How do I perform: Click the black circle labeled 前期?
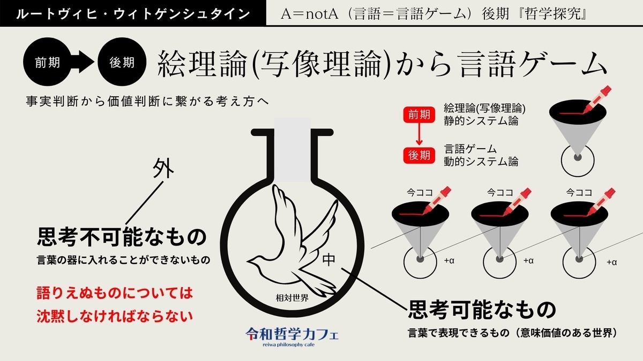point(47,62)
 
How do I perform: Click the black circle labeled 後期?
point(122,62)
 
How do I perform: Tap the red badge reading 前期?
point(419,115)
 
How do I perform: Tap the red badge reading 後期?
point(419,156)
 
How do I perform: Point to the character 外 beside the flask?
point(163,168)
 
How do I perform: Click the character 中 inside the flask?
point(328,259)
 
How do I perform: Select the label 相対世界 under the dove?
point(292,298)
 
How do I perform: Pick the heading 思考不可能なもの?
point(122,237)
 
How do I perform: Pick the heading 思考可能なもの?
point(482,310)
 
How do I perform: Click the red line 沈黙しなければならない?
point(115,316)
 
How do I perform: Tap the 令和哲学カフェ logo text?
point(292,334)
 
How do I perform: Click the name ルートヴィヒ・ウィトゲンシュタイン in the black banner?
point(133,14)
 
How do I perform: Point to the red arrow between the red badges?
point(419,134)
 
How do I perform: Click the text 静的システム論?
point(481,121)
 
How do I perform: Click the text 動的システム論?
point(481,162)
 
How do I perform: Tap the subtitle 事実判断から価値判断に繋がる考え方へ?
point(147,102)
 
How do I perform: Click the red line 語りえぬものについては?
point(115,294)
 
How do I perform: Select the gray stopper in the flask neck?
point(292,150)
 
